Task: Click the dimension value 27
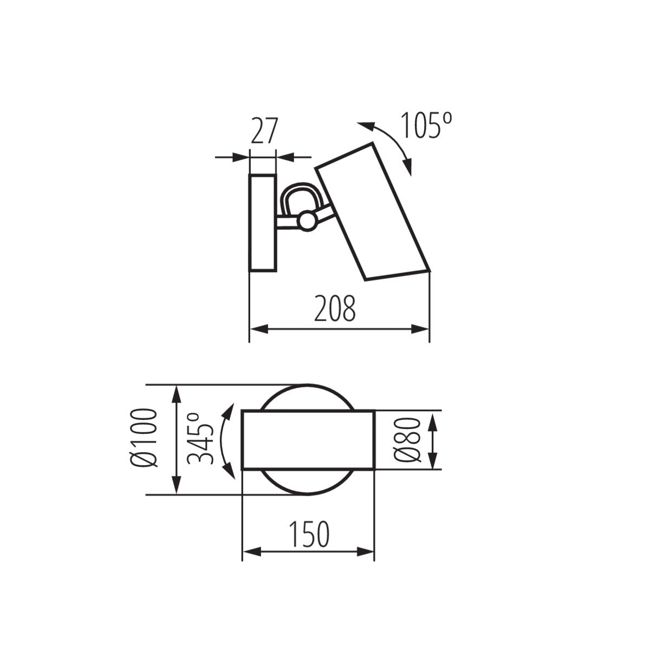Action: tap(264, 131)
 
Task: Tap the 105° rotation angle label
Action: tap(426, 126)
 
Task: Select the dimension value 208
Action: tap(336, 309)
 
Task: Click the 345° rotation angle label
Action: tap(199, 439)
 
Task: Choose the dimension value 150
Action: tap(308, 534)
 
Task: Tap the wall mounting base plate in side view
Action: tap(263, 223)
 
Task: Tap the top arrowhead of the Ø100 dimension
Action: tap(176, 393)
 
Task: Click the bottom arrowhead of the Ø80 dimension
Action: tap(433, 461)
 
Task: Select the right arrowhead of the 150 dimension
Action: tap(366, 552)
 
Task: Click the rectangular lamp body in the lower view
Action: tap(308, 440)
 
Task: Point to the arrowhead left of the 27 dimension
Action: tap(240, 158)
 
